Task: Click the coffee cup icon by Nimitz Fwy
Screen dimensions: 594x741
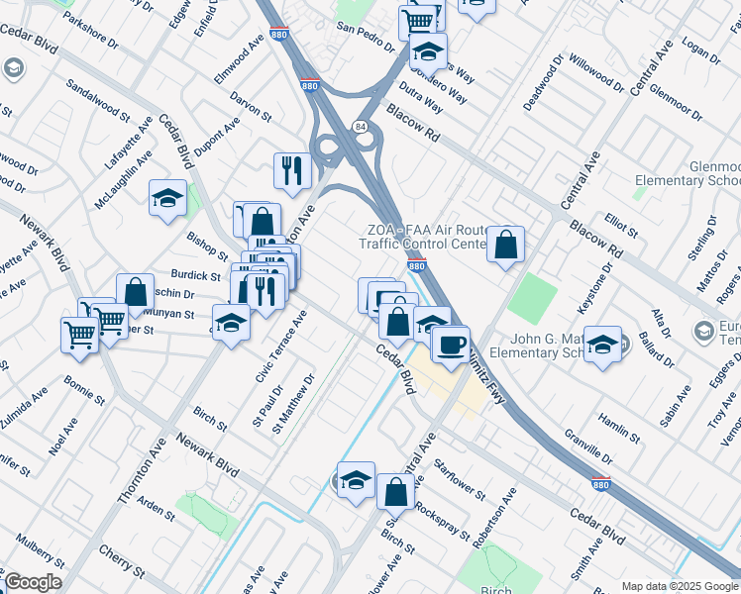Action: [451, 345]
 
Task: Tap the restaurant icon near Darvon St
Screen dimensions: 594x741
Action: [292, 170]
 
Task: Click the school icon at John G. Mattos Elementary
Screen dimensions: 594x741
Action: [601, 345]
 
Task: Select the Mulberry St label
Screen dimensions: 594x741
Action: [40, 554]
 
